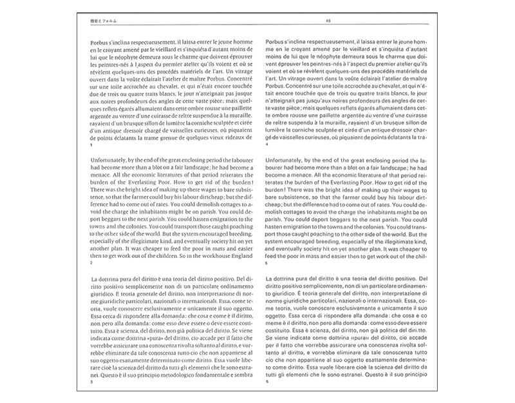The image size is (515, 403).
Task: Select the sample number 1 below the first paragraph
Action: [92, 144]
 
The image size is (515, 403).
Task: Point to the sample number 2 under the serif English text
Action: [92, 263]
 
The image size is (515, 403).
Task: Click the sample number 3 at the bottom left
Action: [92, 382]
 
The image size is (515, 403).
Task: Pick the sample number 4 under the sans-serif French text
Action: [267, 144]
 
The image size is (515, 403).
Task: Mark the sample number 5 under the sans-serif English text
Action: [267, 263]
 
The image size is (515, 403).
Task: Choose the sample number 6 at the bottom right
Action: [267, 382]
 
